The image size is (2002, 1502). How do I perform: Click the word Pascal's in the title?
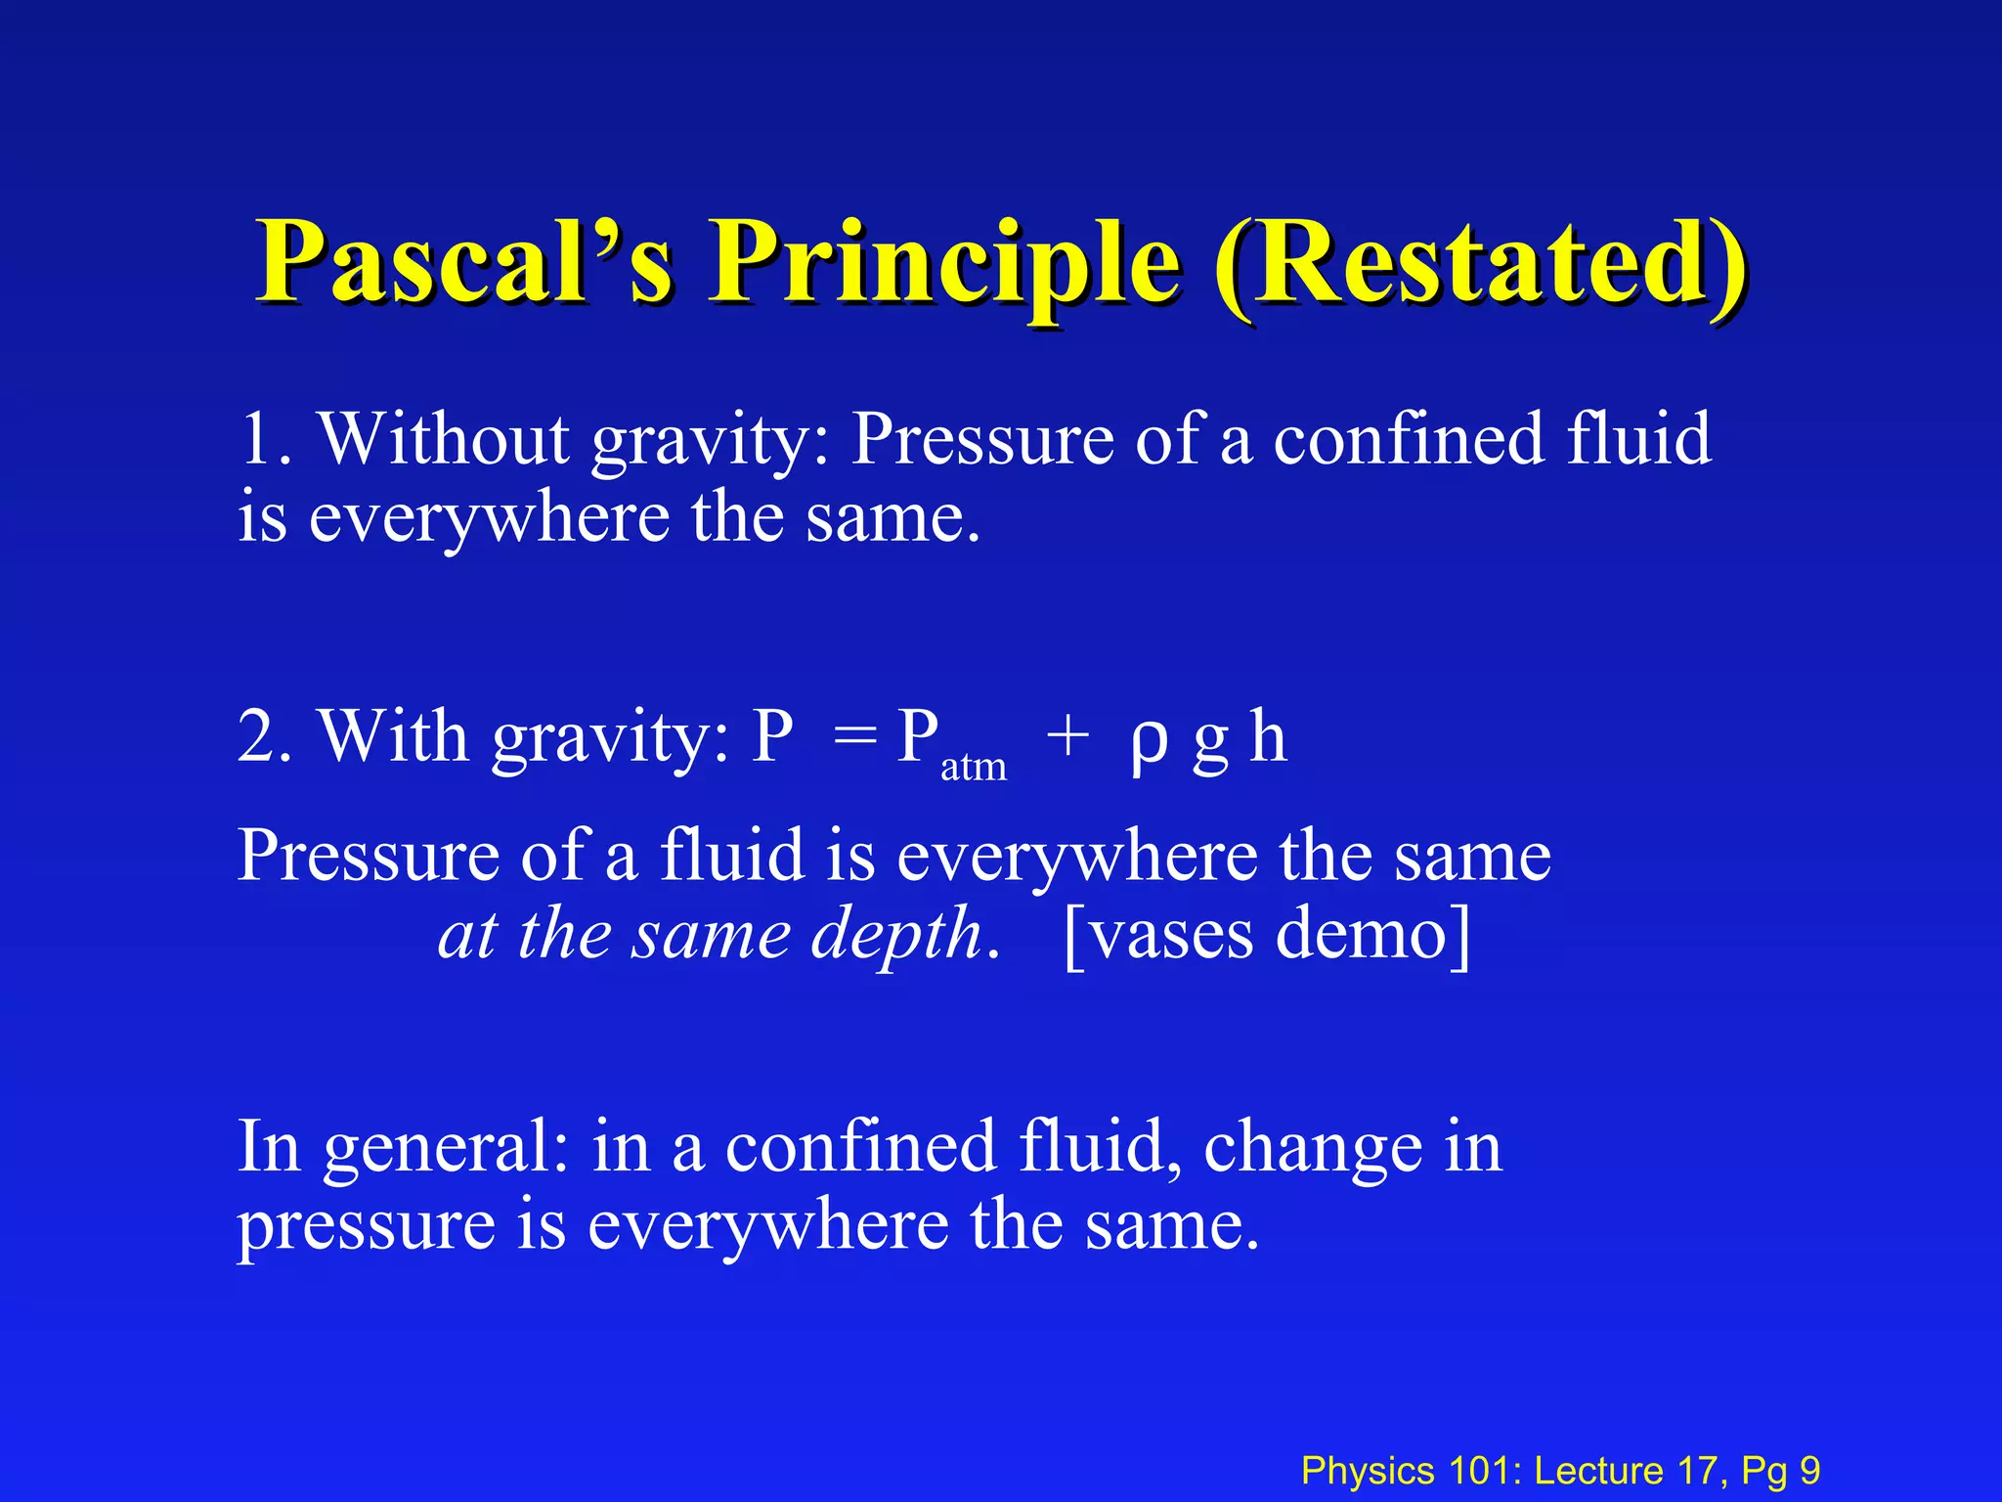464,262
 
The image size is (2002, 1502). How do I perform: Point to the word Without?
445,439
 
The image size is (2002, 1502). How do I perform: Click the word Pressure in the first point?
981,439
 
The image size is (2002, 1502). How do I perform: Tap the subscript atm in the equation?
973,768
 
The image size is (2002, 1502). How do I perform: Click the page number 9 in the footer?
1809,1471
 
